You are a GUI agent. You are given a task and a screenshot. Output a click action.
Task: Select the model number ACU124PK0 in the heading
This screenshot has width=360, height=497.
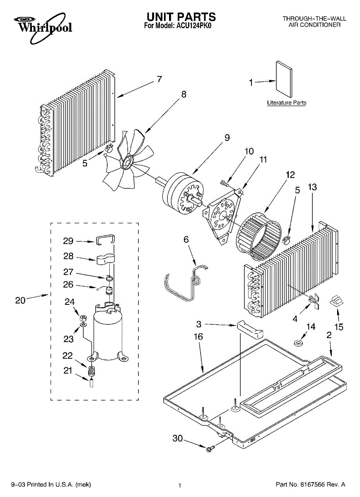click(195, 26)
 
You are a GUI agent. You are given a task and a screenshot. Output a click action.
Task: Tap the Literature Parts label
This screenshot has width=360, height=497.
click(286, 103)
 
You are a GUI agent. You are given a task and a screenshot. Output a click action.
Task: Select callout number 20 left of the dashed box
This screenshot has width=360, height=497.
click(20, 300)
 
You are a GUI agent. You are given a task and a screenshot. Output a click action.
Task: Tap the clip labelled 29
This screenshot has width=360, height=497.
click(105, 240)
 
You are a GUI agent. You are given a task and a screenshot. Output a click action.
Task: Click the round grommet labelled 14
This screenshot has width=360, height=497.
click(297, 343)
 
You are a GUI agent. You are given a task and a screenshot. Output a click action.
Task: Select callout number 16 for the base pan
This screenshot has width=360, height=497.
click(198, 337)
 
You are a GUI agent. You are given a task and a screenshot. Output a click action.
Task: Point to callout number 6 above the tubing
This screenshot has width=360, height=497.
click(186, 239)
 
